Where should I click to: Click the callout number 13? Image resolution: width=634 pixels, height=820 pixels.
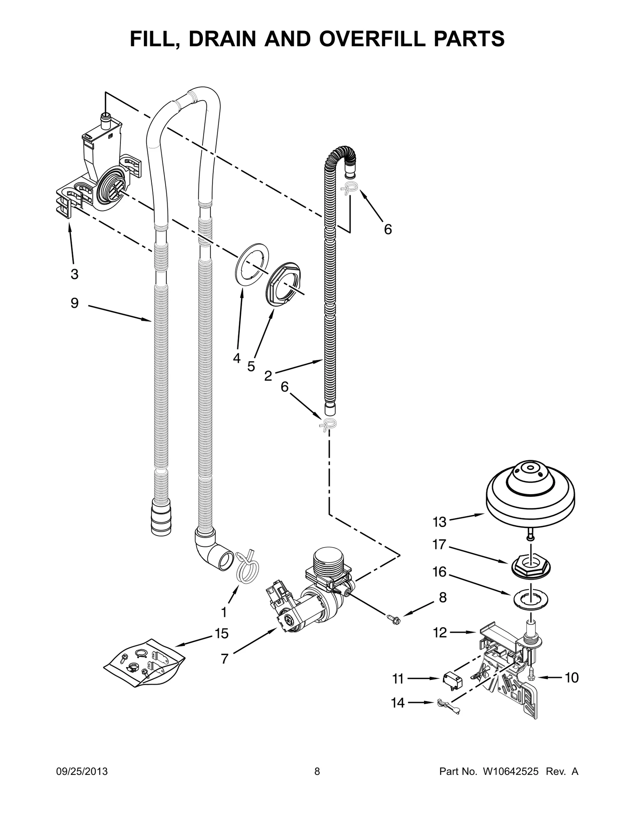tap(439, 522)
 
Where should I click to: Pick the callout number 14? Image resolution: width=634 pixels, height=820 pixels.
tap(397, 703)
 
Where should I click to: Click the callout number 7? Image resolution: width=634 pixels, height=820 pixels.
tap(224, 659)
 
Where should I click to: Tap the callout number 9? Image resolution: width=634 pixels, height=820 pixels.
tap(74, 303)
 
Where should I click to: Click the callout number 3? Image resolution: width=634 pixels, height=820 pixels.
tap(74, 274)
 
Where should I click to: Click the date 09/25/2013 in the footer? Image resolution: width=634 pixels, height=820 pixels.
tap(81, 783)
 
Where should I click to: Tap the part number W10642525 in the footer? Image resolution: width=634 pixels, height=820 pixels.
tap(510, 783)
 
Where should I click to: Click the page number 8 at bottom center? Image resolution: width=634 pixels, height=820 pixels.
tap(317, 783)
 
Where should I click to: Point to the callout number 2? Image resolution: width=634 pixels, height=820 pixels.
tap(268, 376)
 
